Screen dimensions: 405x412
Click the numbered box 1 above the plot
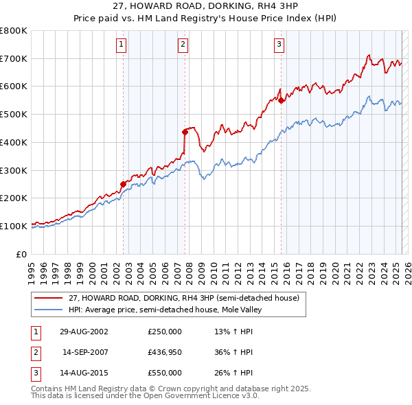(121, 45)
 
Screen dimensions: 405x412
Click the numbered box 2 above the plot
(183, 45)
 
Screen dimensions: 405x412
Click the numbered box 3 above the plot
(279, 45)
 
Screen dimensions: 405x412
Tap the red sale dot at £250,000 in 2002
(124, 184)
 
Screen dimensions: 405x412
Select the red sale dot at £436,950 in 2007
(185, 131)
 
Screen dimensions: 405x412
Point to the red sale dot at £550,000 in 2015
(282, 100)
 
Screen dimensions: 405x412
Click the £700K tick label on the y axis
(14, 59)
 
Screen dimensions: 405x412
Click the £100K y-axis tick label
(14, 226)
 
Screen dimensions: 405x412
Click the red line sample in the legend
(49, 299)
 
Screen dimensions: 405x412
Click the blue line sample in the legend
(49, 310)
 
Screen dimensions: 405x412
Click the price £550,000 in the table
(165, 373)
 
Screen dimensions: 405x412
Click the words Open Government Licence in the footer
(201, 396)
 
